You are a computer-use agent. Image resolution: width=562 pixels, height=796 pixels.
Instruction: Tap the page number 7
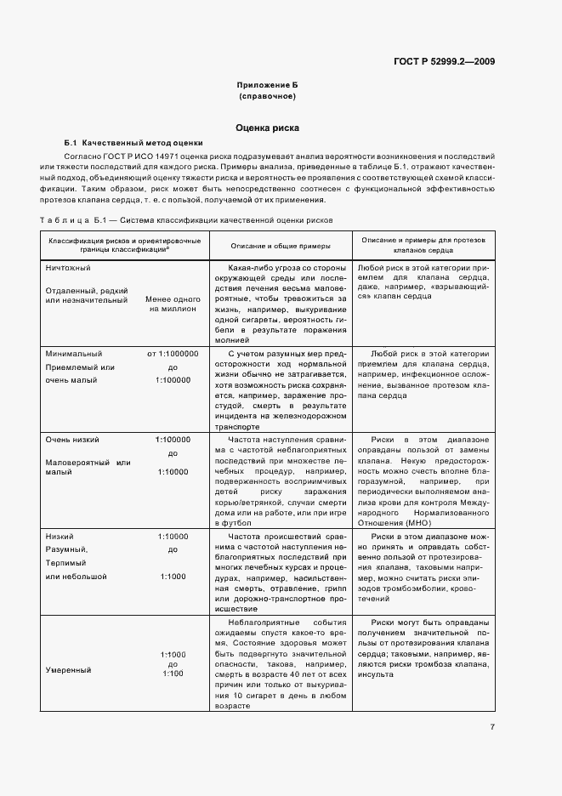click(492, 727)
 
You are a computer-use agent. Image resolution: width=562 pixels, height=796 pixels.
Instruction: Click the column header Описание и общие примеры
click(280, 245)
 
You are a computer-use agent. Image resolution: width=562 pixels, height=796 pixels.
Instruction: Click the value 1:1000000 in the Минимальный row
click(173, 353)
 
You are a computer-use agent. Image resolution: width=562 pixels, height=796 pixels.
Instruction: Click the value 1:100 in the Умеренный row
click(173, 674)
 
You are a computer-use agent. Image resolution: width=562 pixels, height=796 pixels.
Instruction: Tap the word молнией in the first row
click(235, 338)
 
